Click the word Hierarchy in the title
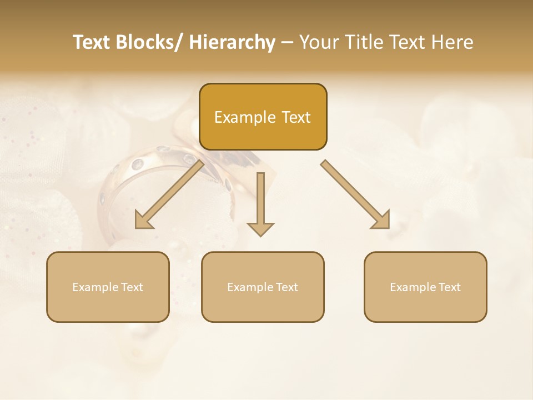(232, 42)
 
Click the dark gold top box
(263, 117)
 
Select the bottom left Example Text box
(108, 287)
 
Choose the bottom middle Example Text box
(263, 287)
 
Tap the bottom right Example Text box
(425, 287)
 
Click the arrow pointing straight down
(260, 204)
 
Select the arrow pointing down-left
(169, 195)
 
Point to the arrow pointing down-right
(355, 194)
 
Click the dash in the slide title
(287, 43)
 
